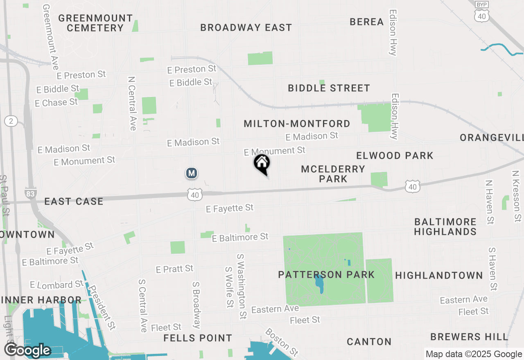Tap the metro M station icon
191,173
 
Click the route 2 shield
11,121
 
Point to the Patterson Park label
326,274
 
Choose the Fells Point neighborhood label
198,338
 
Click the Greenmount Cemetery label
95,23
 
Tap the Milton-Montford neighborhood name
297,124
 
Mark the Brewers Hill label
469,337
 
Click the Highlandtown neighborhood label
439,275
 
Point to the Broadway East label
246,27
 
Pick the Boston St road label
282,342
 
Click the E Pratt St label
174,269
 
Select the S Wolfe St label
229,287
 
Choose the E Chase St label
56,102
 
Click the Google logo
27,350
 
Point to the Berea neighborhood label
366,22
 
